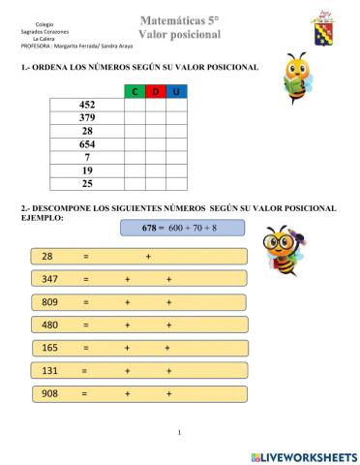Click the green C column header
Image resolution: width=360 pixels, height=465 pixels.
[135, 91]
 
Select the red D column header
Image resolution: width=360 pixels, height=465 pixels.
[156, 91]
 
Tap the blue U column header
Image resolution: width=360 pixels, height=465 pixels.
[176, 91]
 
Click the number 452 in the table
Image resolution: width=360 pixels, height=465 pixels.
[87, 105]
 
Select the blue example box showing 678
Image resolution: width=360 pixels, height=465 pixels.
[182, 228]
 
